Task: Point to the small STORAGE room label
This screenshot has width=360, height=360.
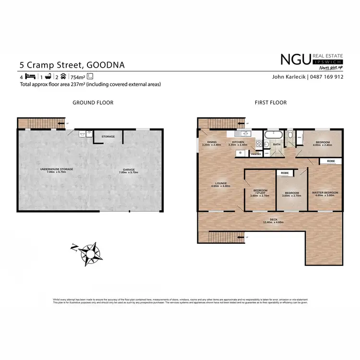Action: (x=108, y=137)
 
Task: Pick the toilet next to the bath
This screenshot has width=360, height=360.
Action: (x=290, y=136)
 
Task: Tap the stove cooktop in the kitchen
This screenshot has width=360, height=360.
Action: (x=259, y=143)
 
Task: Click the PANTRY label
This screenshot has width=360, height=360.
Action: (x=255, y=154)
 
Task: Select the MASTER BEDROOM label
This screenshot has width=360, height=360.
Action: (x=325, y=192)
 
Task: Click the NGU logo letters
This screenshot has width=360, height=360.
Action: (x=296, y=60)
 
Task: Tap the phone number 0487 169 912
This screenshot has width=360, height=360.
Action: (x=328, y=77)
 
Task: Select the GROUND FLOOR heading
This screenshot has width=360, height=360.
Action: (x=93, y=102)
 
